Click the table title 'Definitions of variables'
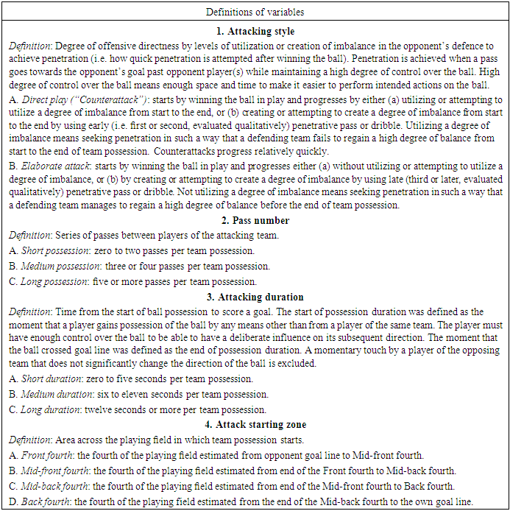[x=255, y=12]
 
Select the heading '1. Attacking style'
[x=255, y=32]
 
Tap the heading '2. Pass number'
[x=255, y=220]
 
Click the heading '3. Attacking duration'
[x=255, y=297]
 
